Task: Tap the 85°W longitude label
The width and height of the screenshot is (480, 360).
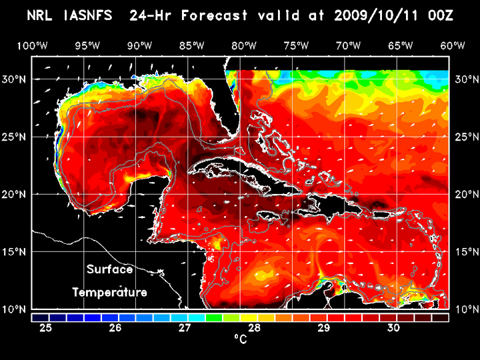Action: click(192, 45)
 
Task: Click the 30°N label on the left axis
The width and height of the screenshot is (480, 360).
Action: click(15, 79)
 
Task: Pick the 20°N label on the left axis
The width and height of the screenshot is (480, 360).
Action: click(15, 195)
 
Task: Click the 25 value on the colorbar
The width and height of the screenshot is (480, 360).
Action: click(46, 328)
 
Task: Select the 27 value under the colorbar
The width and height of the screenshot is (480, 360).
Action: click(185, 328)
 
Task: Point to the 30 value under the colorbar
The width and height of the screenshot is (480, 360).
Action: click(393, 328)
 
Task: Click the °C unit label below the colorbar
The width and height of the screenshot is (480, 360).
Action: click(240, 340)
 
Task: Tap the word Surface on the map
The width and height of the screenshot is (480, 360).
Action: click(109, 269)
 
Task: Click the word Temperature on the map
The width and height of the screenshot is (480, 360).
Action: click(109, 292)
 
